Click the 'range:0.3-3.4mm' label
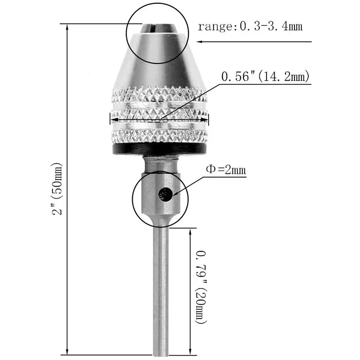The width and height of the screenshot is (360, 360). (250, 27)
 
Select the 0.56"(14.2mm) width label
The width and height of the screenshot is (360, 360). (265, 76)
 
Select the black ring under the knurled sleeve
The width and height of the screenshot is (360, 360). (159, 149)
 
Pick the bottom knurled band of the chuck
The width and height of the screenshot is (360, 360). (159, 136)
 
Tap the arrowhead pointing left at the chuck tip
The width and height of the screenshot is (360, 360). (199, 42)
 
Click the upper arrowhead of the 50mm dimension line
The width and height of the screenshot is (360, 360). (67, 27)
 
